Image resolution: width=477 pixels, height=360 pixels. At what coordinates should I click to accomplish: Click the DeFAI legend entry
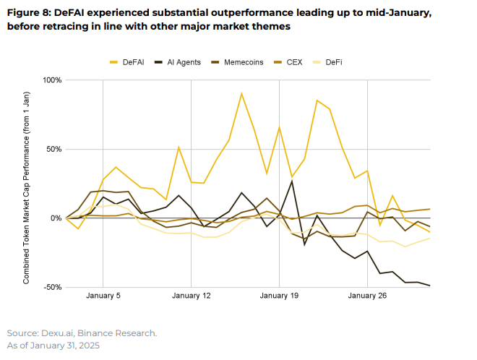click(x=132, y=63)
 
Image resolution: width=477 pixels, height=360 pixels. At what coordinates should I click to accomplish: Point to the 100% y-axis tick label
click(x=53, y=80)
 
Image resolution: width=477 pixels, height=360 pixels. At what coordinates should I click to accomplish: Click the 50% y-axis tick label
click(x=55, y=149)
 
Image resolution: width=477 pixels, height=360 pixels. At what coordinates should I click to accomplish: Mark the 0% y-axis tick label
click(x=57, y=218)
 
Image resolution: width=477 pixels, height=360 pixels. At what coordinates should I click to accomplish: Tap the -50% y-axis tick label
click(x=53, y=287)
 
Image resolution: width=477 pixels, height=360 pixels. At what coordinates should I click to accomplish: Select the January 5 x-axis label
click(x=103, y=296)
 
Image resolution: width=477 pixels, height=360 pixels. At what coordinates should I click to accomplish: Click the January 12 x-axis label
click(x=191, y=296)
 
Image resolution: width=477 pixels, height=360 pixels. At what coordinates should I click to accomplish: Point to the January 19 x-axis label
click(x=279, y=296)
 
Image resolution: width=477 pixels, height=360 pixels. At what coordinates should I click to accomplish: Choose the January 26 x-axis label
click(x=367, y=296)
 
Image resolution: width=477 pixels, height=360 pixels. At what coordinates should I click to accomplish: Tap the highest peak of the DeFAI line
click(x=241, y=93)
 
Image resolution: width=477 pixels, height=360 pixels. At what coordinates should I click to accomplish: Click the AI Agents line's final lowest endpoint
click(x=429, y=286)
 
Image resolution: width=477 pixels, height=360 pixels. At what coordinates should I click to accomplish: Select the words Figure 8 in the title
click(x=30, y=14)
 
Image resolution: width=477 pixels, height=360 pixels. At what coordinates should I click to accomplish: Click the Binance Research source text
click(x=121, y=333)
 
